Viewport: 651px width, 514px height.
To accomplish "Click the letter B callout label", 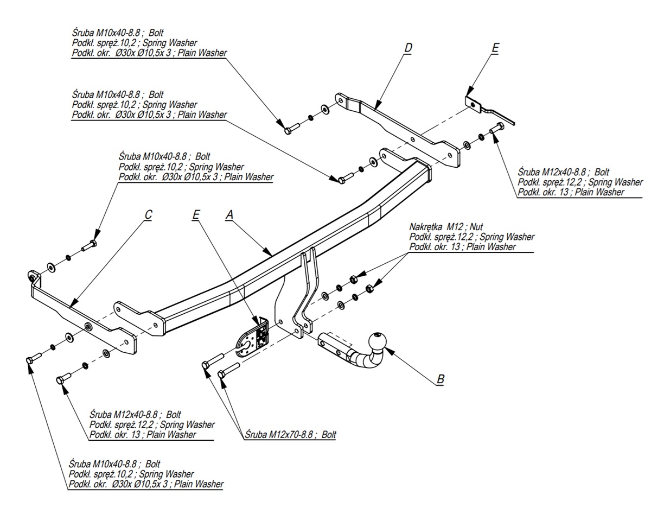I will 441,379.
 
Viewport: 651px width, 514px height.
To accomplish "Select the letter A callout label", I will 229,215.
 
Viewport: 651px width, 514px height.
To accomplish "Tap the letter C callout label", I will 148,215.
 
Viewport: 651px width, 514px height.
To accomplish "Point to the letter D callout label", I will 408,48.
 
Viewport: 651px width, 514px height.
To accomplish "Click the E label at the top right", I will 494,48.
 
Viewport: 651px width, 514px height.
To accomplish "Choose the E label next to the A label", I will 196,215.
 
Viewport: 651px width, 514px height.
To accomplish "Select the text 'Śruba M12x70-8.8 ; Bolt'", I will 290,435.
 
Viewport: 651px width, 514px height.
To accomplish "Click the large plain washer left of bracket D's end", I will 324,110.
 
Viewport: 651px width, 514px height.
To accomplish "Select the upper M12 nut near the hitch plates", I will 352,279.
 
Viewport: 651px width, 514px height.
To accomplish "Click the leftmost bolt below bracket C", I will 34,359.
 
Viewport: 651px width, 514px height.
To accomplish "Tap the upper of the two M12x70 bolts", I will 213,360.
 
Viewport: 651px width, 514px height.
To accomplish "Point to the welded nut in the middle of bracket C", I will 88,327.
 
